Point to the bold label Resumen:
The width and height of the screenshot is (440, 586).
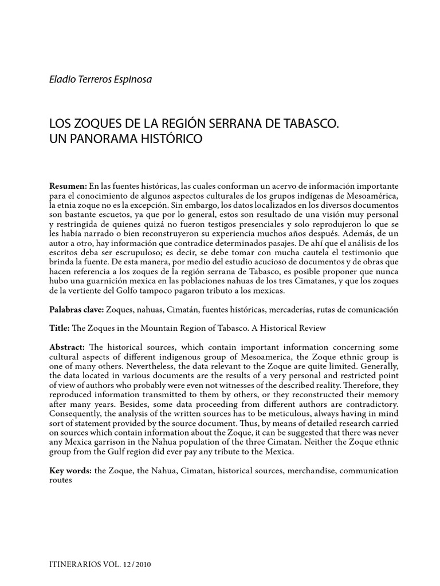click(68, 187)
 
